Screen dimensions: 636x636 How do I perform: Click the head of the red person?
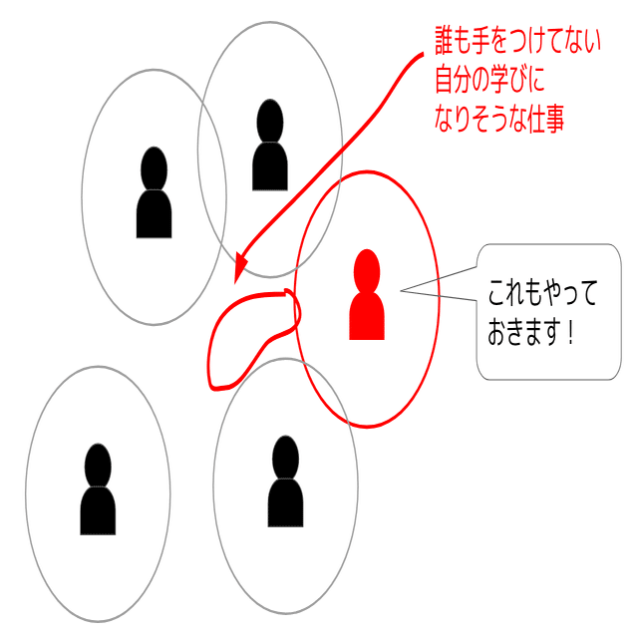tap(367, 268)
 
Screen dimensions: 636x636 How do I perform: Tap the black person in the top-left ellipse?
tap(154, 194)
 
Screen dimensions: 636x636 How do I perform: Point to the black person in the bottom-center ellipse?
tap(285, 482)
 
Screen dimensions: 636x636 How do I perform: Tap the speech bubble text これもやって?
tap(544, 295)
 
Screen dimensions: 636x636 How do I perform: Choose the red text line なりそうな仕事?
tap(499, 120)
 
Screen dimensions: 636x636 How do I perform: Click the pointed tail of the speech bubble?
tap(409, 291)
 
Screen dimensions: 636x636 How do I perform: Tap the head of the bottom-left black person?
tap(98, 465)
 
